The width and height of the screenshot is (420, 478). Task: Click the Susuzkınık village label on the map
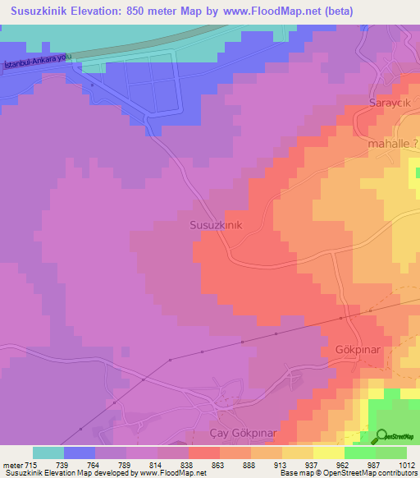point(216,224)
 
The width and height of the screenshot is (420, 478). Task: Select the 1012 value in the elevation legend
point(406,464)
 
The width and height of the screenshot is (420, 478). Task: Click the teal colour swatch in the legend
point(48,453)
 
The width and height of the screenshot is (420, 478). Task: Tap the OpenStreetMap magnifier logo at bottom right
point(383,436)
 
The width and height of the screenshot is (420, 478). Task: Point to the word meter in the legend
point(11,464)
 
